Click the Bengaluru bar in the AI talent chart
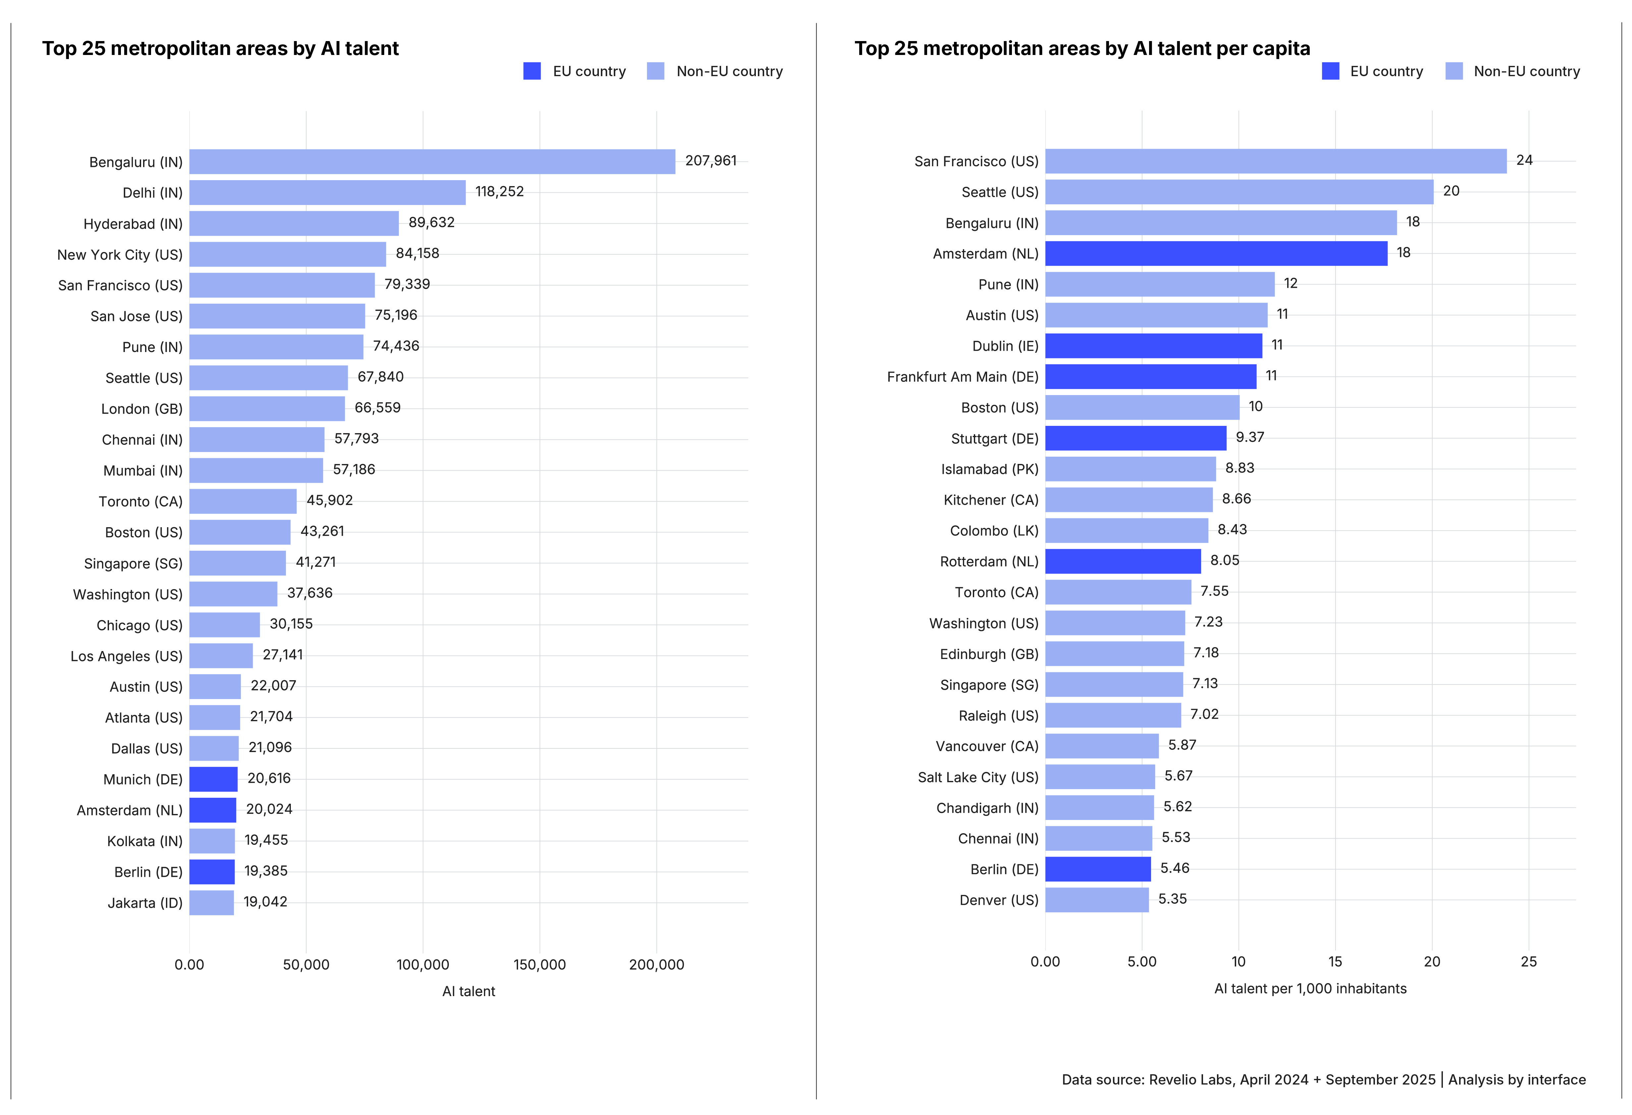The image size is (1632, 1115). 432,162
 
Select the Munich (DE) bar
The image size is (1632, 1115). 213,779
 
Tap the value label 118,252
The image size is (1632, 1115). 499,192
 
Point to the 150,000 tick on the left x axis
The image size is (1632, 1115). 539,964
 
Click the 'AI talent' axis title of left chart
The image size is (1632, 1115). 468,991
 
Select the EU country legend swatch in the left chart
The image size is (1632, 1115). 532,71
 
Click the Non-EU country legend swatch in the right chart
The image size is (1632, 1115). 1454,71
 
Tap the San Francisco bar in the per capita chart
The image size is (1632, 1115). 1275,161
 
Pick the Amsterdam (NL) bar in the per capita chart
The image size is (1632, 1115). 1216,253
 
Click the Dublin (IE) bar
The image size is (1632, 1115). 1153,345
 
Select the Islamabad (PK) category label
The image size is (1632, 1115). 989,469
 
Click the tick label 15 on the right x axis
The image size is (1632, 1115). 1334,961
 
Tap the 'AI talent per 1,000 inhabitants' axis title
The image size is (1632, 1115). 1310,988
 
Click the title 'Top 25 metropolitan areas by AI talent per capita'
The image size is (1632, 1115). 1081,48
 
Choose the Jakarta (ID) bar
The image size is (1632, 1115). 211,902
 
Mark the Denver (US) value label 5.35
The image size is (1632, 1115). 1172,899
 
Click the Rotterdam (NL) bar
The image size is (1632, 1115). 1123,561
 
